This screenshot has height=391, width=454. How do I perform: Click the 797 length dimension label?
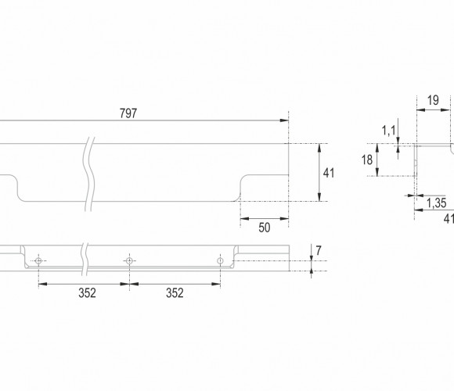tap(128, 113)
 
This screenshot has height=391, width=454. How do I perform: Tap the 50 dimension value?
tap(264, 228)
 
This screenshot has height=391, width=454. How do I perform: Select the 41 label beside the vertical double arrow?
tap(329, 173)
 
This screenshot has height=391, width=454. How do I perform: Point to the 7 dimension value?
tap(319, 250)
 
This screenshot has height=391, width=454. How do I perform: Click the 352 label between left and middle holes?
tap(87, 293)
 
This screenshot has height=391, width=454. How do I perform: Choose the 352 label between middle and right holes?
tap(175, 293)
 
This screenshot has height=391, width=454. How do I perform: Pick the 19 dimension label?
tap(433, 100)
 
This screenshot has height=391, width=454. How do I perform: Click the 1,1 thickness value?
tap(389, 131)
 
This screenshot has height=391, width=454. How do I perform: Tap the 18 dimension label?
tap(367, 160)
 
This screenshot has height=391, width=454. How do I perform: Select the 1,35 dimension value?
tap(436, 203)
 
